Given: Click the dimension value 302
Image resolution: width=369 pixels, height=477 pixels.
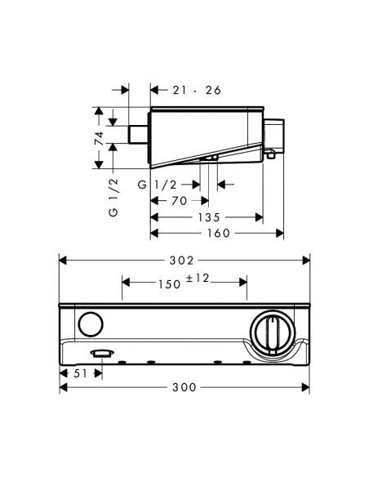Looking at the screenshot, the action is click(x=181, y=261).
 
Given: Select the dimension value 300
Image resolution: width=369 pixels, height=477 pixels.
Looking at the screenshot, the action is click(x=184, y=387).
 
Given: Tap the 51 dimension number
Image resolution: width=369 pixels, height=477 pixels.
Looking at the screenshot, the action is click(x=80, y=373).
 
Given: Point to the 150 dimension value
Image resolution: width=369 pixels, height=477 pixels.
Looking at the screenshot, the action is click(x=169, y=284).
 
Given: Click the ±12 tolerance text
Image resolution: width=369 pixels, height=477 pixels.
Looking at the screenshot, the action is click(x=198, y=278).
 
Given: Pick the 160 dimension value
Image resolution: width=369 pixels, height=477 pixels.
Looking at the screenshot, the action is click(x=219, y=234).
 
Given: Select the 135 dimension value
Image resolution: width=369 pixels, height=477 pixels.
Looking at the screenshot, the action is click(x=209, y=217).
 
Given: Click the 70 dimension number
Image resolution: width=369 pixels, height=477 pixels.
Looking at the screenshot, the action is click(x=179, y=201).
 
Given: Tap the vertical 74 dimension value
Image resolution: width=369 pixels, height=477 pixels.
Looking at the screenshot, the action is click(x=99, y=138).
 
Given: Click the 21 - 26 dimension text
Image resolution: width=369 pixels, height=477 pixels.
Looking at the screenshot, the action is click(x=197, y=90).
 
